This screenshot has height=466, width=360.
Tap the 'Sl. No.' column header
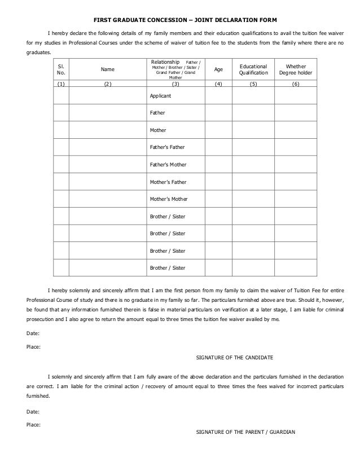click(61, 69)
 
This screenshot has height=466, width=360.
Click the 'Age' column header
click(218, 69)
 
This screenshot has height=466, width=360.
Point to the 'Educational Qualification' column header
click(253, 69)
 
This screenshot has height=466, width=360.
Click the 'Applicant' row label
click(160, 96)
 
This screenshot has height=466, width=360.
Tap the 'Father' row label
click(157, 113)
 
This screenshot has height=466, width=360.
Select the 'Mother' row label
click(158, 130)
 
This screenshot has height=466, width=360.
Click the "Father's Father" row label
click(167, 147)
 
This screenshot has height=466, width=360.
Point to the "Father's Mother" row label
click(168, 165)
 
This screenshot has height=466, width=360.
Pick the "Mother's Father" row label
click(168, 182)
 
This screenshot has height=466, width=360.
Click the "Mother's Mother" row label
click(168, 199)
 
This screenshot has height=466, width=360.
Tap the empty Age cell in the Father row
click(218, 113)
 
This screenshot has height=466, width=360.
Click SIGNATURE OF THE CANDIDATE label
click(234, 358)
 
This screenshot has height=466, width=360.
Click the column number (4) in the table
click(218, 83)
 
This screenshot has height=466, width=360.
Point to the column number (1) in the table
click(61, 83)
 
